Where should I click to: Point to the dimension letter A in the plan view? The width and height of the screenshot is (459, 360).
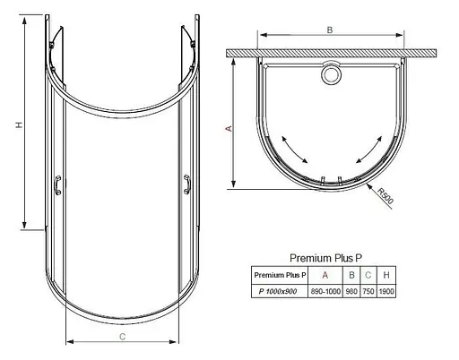[x=229, y=129]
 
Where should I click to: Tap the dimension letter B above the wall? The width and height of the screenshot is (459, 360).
[x=329, y=30]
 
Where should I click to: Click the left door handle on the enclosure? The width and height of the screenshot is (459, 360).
[x=59, y=185]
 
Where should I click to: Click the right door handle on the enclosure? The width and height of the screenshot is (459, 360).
[x=186, y=185]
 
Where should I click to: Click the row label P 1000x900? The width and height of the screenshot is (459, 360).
[x=279, y=291]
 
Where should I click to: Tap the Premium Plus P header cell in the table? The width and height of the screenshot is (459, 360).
[x=279, y=274]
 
